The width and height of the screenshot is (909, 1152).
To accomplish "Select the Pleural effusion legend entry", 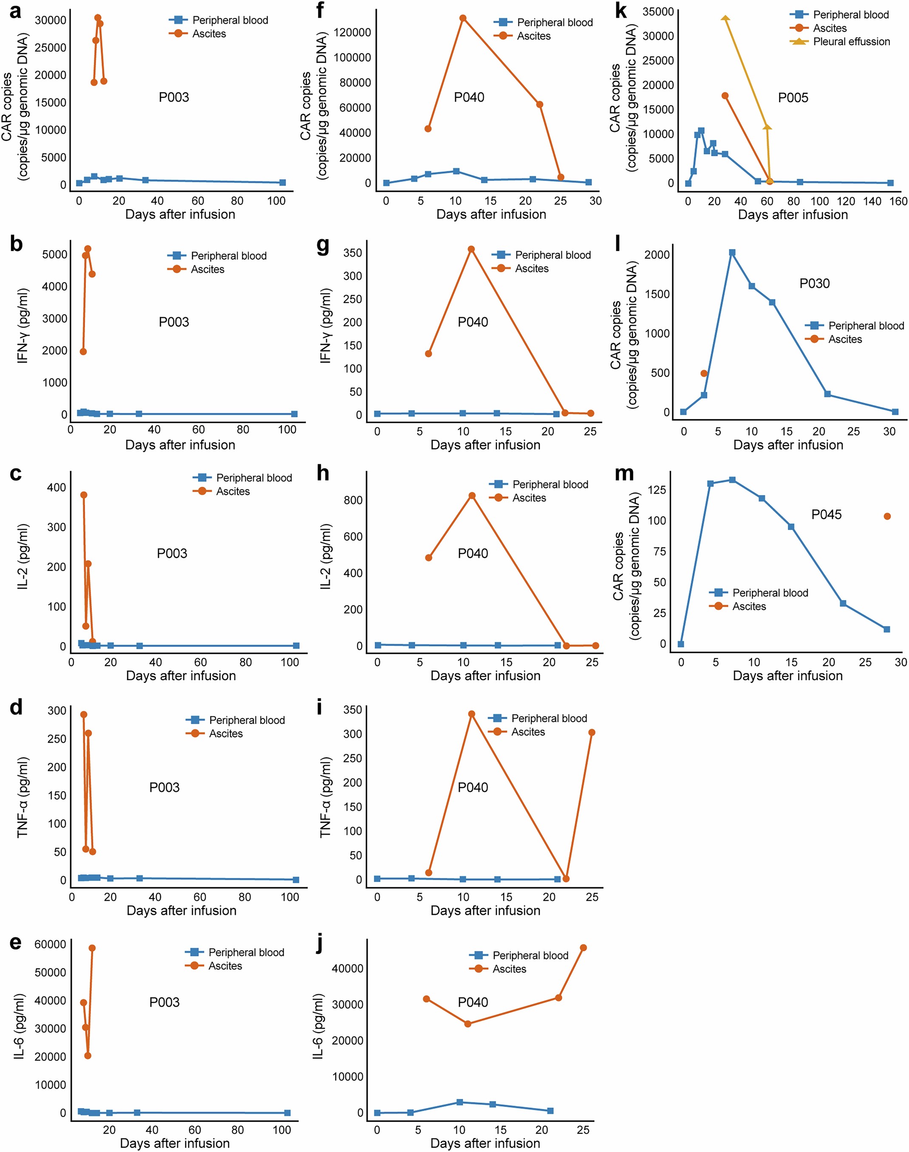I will [x=851, y=42].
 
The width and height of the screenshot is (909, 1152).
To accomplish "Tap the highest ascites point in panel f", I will [x=463, y=18].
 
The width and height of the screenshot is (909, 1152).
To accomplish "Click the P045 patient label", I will [x=826, y=515].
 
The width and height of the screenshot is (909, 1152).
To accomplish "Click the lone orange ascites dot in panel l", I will [x=704, y=374].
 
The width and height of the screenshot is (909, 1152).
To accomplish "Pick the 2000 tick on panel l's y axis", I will [x=657, y=255].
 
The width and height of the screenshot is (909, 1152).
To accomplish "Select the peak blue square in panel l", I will [x=732, y=253].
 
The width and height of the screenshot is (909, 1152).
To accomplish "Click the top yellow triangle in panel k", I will [x=725, y=18].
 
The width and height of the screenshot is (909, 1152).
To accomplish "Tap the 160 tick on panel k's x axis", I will [x=898, y=201].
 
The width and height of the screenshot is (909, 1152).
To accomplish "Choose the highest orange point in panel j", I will [x=583, y=948].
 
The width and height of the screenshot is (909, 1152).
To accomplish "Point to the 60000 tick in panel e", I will [x=50, y=945].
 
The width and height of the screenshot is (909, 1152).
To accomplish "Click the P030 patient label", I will [x=814, y=283].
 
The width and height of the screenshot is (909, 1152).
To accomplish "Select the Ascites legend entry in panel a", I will [x=209, y=34].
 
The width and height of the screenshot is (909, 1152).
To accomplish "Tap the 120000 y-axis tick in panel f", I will [x=352, y=32].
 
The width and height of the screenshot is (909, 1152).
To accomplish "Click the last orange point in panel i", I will [x=592, y=733].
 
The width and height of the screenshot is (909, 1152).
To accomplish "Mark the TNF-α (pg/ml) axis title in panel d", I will [x=23, y=798].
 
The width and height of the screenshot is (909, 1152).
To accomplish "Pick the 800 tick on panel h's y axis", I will [x=353, y=500].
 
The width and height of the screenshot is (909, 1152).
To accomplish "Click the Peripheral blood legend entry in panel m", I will [x=770, y=593].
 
